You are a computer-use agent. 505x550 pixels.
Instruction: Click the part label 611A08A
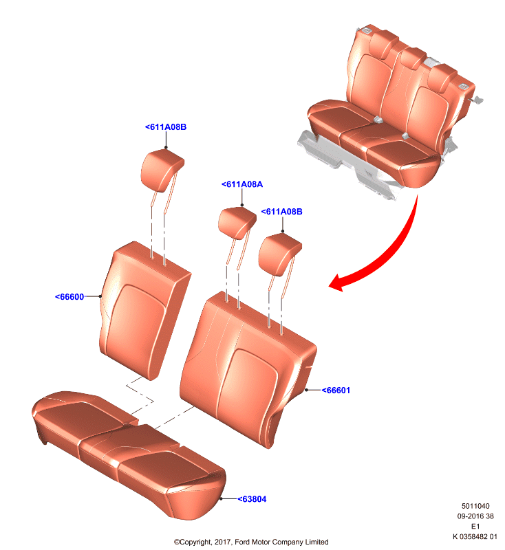pos(242,184)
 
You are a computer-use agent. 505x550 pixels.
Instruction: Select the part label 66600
pos(69,297)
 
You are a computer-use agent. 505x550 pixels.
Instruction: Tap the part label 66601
pos(336,390)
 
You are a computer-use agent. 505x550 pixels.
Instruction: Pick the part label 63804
pos(252,499)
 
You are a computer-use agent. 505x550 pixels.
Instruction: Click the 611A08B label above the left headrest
pos(166,127)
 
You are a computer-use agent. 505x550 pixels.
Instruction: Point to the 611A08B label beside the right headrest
pos(281,212)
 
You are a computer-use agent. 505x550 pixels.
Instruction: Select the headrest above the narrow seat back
pos(162,170)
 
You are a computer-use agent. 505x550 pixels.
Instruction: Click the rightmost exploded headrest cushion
pos(279,254)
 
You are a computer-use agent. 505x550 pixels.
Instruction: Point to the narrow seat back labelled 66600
pos(144,310)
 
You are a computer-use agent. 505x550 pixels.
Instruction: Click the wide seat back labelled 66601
pos(247,369)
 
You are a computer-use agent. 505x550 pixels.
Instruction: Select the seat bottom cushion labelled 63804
pos(129,454)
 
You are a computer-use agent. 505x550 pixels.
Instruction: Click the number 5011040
pos(475,506)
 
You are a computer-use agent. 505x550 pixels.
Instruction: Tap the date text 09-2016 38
pos(475,516)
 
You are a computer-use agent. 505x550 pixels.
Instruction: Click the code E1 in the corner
pos(475,526)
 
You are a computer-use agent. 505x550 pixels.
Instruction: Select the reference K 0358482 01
pos(475,536)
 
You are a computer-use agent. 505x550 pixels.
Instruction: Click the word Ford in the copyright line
pos(242,542)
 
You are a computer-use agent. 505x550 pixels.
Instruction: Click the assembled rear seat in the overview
pos(389,112)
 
